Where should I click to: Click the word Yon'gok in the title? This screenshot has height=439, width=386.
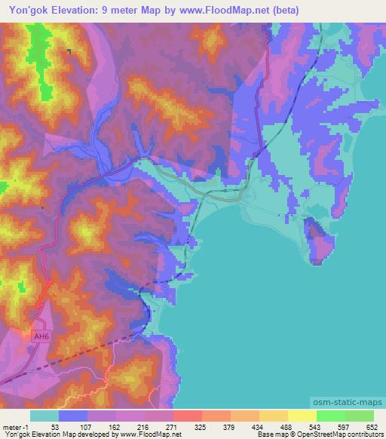point(29,11)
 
